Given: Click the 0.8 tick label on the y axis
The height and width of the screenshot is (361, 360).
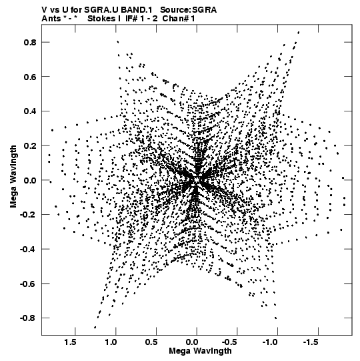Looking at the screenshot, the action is (x=30, y=42).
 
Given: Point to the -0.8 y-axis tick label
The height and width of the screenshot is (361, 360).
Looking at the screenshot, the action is (x=28, y=318).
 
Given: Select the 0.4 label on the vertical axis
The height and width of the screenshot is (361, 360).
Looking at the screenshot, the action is (x=30, y=111).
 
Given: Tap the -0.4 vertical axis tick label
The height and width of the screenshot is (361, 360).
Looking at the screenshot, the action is (x=28, y=249).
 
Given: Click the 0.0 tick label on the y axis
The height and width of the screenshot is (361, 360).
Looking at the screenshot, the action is (x=30, y=180).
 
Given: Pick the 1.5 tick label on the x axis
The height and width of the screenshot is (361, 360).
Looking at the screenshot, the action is (x=70, y=342).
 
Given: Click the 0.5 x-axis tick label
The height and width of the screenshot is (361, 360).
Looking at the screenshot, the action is (x=151, y=342).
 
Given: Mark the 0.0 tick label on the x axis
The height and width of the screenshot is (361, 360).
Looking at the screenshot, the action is (x=192, y=342).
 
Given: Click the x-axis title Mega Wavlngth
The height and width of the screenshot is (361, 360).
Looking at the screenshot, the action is (x=200, y=351).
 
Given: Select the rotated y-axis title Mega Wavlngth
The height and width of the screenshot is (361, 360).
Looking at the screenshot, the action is (x=13, y=177).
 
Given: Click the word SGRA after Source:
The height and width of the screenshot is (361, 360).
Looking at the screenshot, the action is (x=204, y=10).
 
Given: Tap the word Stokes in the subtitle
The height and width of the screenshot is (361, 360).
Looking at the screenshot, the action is (x=101, y=19).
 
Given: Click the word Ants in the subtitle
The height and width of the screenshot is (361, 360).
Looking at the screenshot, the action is (x=51, y=19).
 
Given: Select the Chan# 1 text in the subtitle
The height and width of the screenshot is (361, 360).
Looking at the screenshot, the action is (x=179, y=19).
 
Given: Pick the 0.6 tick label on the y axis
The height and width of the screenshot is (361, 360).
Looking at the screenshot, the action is (x=30, y=77).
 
